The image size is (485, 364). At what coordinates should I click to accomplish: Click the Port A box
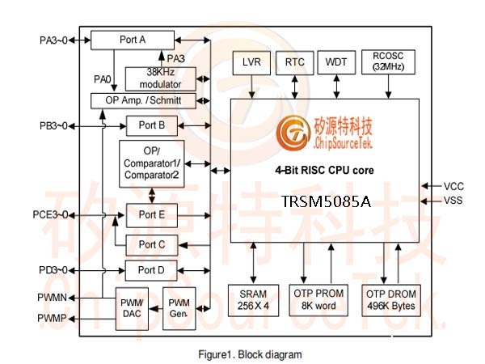tap(133, 40)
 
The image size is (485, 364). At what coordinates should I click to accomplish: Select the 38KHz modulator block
tap(161, 79)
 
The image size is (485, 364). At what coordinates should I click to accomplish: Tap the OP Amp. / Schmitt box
tap(143, 101)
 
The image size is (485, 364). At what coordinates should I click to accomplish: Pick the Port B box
tap(152, 125)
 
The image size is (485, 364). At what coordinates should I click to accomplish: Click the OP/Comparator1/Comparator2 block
tap(152, 163)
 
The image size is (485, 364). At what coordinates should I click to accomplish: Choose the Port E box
tap(152, 215)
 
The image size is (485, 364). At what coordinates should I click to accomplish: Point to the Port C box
tap(152, 245)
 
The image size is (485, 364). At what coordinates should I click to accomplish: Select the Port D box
tap(151, 270)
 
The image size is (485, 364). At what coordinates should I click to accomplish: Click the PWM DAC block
tap(132, 309)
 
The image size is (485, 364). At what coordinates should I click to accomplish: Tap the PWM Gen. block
tap(179, 309)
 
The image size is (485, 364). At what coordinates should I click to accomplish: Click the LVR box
tap(251, 63)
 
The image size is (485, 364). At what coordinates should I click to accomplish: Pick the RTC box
tap(295, 63)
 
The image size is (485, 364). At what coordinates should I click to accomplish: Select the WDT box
tap(336, 63)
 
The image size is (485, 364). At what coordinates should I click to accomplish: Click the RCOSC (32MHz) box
tap(388, 62)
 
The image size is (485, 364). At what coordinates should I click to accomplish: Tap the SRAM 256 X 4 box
tap(253, 300)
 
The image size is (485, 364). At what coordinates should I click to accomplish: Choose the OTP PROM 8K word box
tap(318, 300)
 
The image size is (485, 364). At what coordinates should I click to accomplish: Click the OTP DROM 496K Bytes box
tap(391, 300)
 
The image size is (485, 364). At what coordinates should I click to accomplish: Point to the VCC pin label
tap(453, 186)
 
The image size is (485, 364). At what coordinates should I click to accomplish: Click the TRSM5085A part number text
tap(326, 201)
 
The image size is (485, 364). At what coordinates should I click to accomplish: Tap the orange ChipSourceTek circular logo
tap(293, 133)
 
